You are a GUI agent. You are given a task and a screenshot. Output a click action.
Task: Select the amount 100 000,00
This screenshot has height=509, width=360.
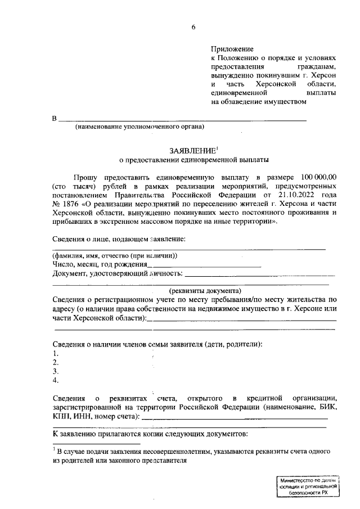pyautogui.click(x=316, y=177)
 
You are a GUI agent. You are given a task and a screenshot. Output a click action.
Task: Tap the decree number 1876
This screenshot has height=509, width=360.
pyautogui.click(x=71, y=204)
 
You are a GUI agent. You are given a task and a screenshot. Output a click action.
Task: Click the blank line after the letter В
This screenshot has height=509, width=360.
pyautogui.click(x=183, y=119)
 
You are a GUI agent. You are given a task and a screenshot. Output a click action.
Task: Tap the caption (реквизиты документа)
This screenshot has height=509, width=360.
pyautogui.click(x=192, y=291)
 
